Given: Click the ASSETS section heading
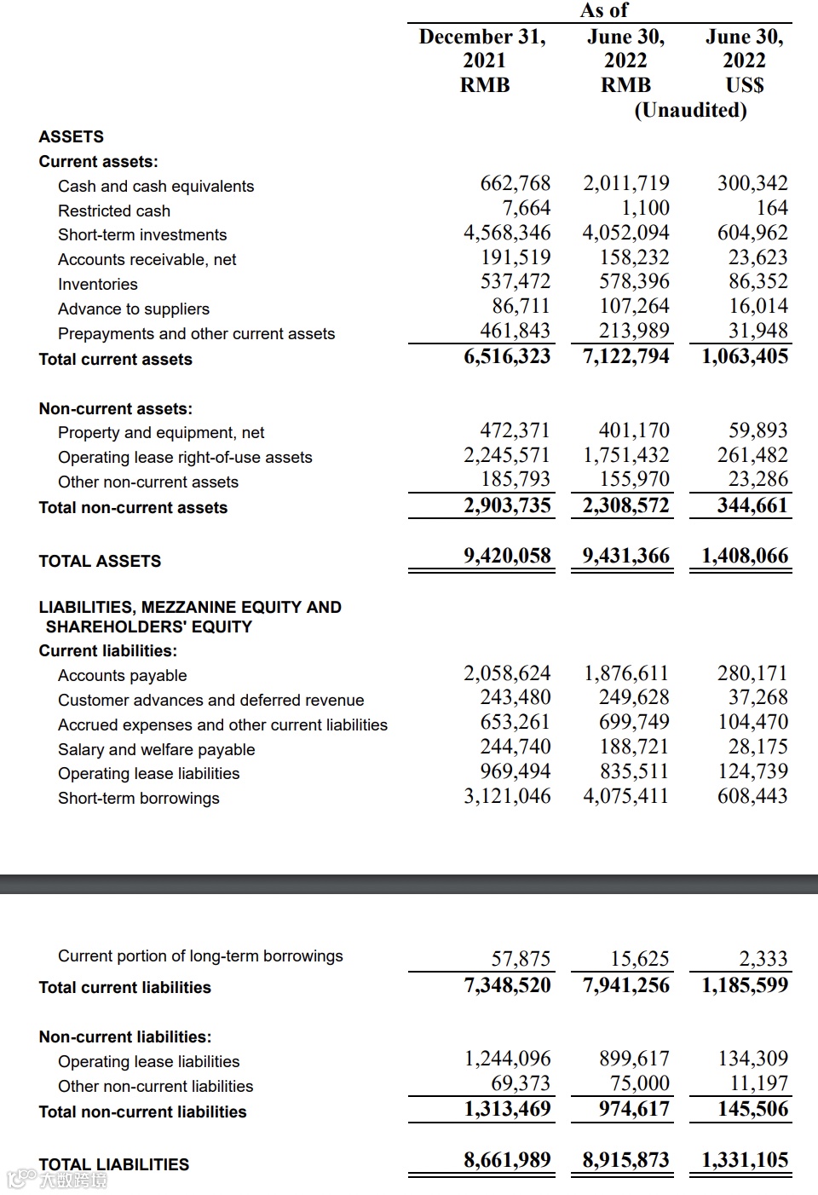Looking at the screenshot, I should [72, 136].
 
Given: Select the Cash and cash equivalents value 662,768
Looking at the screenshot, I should [515, 183].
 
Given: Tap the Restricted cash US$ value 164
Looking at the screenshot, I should [772, 208].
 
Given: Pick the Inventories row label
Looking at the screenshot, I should [97, 284].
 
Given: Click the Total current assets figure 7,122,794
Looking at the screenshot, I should [625, 356].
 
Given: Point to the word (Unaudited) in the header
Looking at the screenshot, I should [690, 110].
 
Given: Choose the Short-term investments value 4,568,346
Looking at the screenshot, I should [506, 233].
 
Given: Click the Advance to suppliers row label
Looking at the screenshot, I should [133, 309].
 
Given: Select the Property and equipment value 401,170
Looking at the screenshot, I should [633, 430].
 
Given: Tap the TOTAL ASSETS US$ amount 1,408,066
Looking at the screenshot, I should [744, 556].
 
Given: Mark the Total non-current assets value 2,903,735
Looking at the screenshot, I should [507, 505].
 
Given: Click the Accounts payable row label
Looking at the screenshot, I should [122, 675].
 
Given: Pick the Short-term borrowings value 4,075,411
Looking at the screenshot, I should [625, 796].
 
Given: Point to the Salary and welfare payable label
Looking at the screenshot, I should [156, 749].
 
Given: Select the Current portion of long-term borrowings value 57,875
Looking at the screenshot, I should [521, 959].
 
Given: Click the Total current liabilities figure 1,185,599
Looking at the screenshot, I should [744, 985].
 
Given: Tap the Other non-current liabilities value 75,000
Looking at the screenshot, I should [639, 1083].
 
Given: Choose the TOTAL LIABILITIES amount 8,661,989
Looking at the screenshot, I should [507, 1160].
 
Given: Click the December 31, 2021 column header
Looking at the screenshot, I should [483, 61].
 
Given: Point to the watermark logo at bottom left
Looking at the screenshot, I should [57, 1180].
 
